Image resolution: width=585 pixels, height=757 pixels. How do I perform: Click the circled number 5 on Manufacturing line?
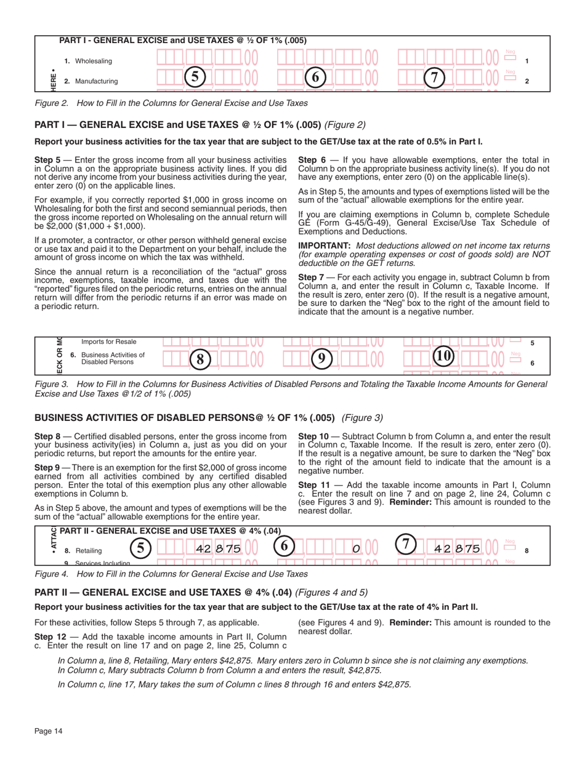coord(194,77)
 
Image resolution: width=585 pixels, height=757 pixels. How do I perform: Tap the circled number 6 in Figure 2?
coord(315,77)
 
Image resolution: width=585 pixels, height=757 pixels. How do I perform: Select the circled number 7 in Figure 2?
coord(435,78)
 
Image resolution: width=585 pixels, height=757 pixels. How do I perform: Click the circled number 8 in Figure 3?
coord(200,359)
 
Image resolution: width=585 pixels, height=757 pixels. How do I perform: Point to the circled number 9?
coord(320,359)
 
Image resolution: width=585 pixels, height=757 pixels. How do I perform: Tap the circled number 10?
coord(443,356)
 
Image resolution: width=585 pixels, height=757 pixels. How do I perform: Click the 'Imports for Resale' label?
coord(109,342)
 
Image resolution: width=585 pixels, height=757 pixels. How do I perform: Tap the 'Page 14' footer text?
coord(49,731)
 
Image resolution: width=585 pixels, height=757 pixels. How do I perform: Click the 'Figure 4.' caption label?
coord(52,574)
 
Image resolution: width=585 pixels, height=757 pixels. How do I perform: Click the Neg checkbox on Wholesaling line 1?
coord(509,58)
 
